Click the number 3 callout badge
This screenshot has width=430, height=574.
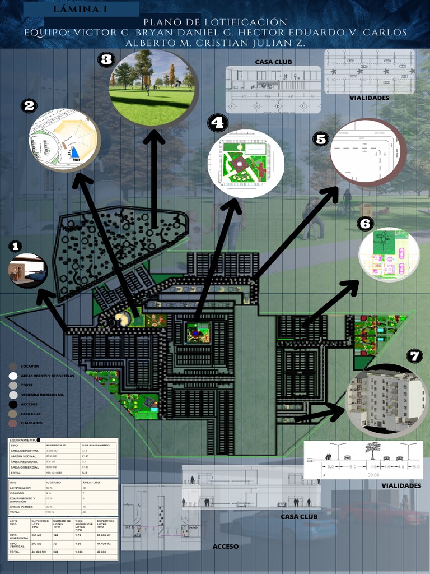(106, 59)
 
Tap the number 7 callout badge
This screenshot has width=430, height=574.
(414, 356)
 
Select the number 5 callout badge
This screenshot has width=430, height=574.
(320, 139)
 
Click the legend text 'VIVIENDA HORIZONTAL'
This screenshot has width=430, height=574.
(42, 395)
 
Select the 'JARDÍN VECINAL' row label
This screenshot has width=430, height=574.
(25, 456)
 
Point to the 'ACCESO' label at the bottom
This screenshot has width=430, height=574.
(226, 546)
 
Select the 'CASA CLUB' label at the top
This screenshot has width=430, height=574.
(273, 62)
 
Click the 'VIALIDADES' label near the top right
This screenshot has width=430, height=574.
(370, 98)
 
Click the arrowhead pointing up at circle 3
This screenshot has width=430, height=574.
(153, 138)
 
